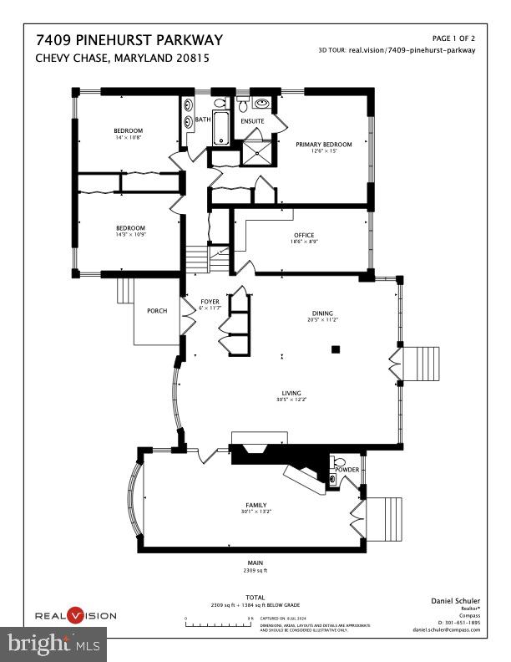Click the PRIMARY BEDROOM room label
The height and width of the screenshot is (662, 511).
point(324,144)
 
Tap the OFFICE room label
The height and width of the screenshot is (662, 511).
point(303,235)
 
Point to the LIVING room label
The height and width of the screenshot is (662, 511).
point(291,393)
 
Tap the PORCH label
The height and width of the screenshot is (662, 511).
point(157,311)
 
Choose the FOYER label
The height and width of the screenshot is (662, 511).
point(209,300)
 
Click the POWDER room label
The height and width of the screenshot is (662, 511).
point(347,470)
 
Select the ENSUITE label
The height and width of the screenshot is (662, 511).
point(252,121)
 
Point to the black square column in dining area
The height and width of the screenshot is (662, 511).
point(336,349)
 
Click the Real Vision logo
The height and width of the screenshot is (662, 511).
point(74,615)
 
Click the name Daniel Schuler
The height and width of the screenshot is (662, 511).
point(452,600)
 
